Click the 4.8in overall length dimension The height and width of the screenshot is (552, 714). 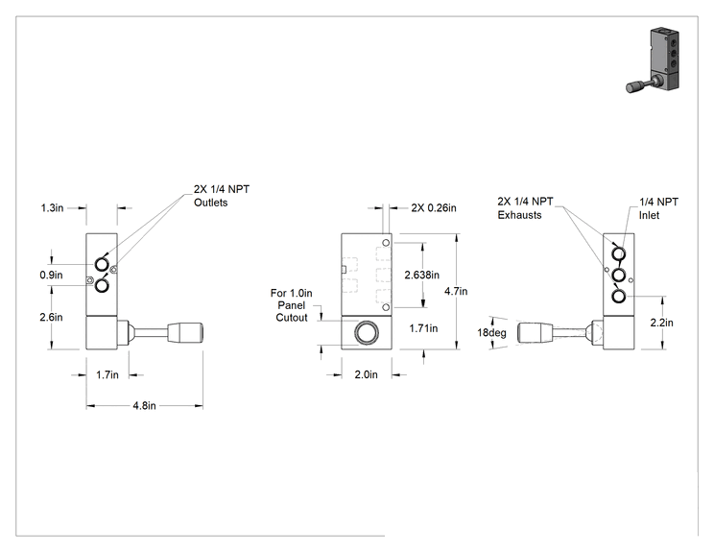pos(144,405)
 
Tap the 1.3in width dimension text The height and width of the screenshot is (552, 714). pos(52,208)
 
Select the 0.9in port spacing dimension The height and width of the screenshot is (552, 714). pos(51,276)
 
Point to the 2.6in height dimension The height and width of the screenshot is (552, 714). pos(51,317)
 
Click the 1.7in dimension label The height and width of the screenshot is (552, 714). pos(107,374)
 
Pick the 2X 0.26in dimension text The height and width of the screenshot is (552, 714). pos(434,208)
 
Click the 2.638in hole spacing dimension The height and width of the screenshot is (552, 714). pos(421,275)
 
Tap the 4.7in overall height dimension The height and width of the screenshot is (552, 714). pos(456,291)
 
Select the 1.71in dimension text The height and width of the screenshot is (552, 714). pos(423,328)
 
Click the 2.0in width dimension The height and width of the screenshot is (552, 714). pos(366,374)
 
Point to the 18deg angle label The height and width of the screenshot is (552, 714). pos(491,333)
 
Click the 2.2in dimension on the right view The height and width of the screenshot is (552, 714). pos(661,323)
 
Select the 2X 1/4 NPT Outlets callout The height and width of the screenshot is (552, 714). pos(222,196)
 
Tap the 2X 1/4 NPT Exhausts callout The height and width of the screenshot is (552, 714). pos(525,208)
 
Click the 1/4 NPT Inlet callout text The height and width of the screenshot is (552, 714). pos(658,208)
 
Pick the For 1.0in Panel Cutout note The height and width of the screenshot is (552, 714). pos(292,305)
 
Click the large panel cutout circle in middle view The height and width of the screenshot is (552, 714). pos(366,333)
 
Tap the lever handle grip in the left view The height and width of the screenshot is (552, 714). pos(185,333)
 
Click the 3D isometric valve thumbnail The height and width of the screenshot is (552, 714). pos(654,60)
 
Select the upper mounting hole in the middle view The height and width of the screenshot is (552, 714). pos(386,243)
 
